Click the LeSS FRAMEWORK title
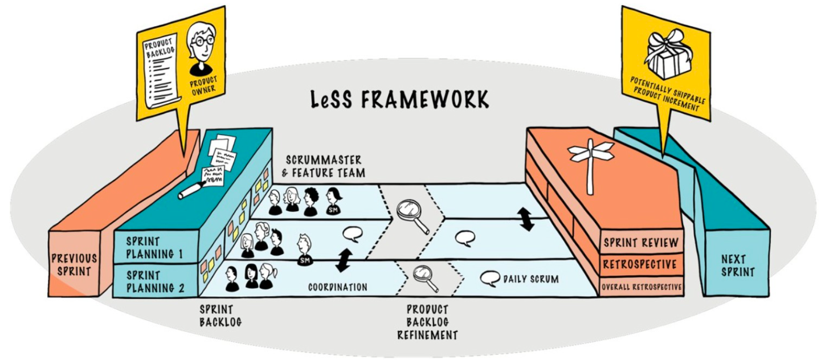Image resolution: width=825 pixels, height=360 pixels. [x=399, y=99]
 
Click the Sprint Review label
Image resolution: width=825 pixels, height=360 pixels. [x=642, y=243]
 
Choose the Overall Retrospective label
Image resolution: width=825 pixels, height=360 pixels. [x=642, y=287]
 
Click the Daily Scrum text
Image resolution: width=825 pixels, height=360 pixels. [x=531, y=279]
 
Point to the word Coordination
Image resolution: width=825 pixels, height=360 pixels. [x=337, y=288]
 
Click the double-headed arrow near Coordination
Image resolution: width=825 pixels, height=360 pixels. [x=342, y=260]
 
